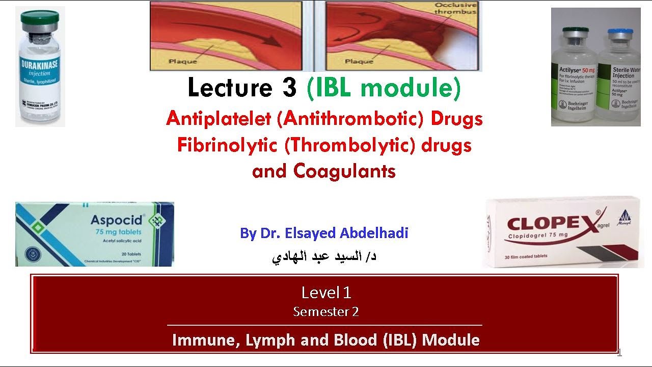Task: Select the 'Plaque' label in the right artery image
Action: pyautogui.click(x=359, y=61)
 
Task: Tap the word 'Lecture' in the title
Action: pyautogui.click(x=229, y=88)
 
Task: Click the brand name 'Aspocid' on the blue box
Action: pyautogui.click(x=117, y=221)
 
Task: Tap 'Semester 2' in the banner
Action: pyautogui.click(x=326, y=311)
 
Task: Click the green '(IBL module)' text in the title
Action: pyautogui.click(x=384, y=88)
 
